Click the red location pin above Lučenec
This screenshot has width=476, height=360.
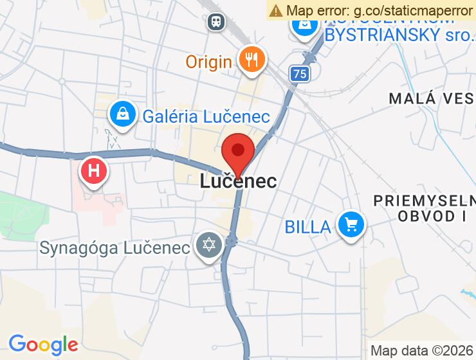tap(238, 152)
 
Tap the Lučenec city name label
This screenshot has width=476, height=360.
tap(238, 181)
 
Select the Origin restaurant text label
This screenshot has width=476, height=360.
tap(208, 62)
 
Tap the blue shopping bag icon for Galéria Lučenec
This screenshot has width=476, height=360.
tap(122, 114)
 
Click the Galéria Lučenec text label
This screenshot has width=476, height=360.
tap(206, 116)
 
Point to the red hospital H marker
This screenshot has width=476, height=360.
tap(94, 172)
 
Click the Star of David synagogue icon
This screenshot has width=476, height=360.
tap(209, 246)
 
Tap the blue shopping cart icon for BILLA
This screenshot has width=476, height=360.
tap(351, 225)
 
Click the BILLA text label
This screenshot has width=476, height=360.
tap(308, 226)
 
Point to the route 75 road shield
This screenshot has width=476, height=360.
tap(298, 74)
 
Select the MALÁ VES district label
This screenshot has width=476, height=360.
tap(432, 98)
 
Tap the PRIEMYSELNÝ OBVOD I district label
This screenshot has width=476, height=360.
tap(425, 208)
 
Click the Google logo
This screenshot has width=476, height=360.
tap(42, 344)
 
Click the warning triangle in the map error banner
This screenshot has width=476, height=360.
tap(277, 10)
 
